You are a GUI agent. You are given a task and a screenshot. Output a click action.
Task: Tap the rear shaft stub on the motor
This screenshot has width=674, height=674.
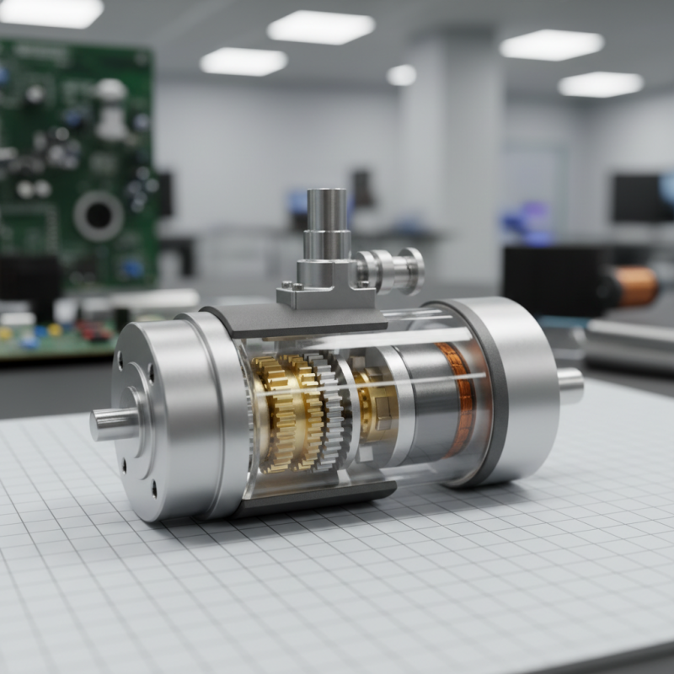click(x=570, y=385)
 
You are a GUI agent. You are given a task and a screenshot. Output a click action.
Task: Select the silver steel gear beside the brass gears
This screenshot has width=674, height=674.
click(x=332, y=413)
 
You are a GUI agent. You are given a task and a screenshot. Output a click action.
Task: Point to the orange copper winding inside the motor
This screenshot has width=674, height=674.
click(x=456, y=396)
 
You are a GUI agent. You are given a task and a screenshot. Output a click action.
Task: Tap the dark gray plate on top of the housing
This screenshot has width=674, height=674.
click(x=295, y=321)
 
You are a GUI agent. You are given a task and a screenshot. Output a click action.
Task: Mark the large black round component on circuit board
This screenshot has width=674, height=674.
click(x=99, y=216)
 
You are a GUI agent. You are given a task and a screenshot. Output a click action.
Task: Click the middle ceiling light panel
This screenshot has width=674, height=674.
click(x=320, y=27)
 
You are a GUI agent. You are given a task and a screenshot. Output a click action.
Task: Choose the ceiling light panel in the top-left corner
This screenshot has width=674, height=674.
click(x=51, y=12)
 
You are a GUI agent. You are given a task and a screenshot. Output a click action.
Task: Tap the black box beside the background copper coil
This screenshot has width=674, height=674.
click(x=556, y=278)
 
